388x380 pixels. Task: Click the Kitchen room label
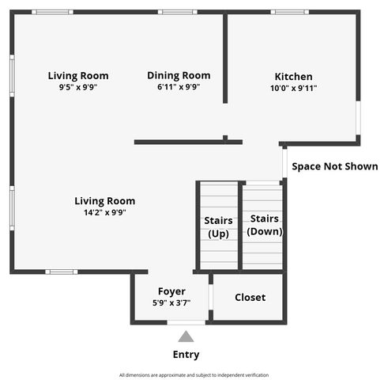click(293, 77)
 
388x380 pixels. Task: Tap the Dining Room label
click(179, 75)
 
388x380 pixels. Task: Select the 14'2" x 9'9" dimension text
click(105, 212)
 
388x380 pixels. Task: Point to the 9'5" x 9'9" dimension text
click(77, 88)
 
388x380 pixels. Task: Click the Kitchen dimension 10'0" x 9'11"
click(293, 89)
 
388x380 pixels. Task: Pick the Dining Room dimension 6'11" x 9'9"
click(179, 87)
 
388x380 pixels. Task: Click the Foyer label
click(171, 291)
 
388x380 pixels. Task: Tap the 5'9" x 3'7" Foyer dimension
click(171, 302)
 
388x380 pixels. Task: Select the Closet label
click(250, 298)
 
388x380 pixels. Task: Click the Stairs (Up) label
click(218, 227)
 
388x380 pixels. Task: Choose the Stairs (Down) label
click(265, 225)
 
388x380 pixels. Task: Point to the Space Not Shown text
click(334, 166)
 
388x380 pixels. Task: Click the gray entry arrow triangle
click(186, 336)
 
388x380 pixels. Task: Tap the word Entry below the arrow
click(186, 355)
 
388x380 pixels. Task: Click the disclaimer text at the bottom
click(194, 374)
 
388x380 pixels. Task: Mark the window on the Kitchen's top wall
click(289, 12)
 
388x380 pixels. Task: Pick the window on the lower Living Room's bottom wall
click(61, 272)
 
